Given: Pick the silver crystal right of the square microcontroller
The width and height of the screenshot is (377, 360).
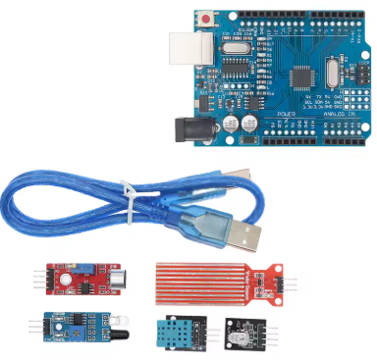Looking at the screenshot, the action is click(327, 74).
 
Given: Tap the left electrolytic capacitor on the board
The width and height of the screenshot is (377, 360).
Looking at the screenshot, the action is click(231, 125).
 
